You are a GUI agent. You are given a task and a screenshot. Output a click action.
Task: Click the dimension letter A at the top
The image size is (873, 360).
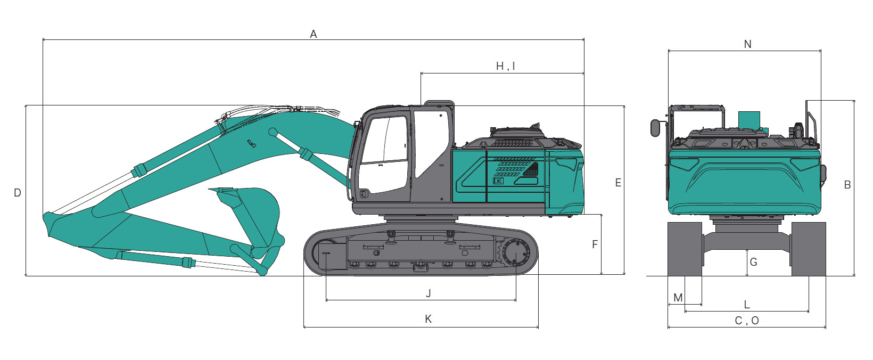[314, 34]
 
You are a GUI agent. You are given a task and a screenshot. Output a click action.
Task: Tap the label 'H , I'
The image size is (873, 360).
[506, 67]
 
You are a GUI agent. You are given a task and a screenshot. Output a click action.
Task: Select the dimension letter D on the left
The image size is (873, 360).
[18, 193]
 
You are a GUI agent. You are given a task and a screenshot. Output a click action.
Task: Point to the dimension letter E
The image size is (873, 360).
[618, 183]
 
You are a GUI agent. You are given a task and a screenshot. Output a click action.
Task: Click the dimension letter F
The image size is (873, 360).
[595, 244]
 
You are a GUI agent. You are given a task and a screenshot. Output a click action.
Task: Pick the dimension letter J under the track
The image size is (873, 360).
[429, 293]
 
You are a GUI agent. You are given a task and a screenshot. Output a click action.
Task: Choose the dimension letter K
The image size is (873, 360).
[429, 319]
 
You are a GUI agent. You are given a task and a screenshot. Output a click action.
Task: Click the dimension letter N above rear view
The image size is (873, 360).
[747, 44]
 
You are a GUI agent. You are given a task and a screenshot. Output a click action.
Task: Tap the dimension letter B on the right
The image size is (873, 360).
[847, 185]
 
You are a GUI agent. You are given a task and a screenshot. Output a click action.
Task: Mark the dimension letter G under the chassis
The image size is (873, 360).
[753, 262]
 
